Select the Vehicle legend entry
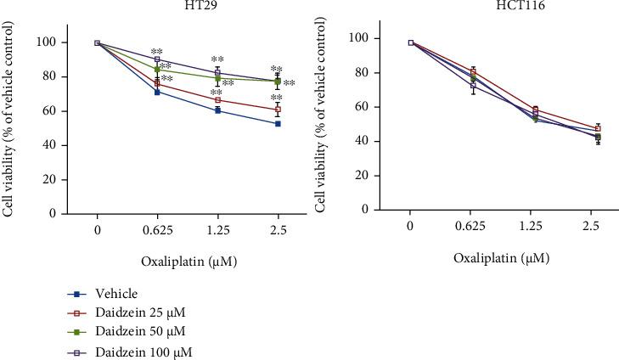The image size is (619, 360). tap(106, 294)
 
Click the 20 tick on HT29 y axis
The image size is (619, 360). tap(52, 180)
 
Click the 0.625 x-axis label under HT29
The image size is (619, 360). tap(157, 230)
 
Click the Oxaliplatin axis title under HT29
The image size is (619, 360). tap(188, 262)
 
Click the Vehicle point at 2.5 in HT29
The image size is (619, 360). tap(278, 123)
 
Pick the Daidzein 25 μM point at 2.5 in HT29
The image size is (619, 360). tap(278, 110)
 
